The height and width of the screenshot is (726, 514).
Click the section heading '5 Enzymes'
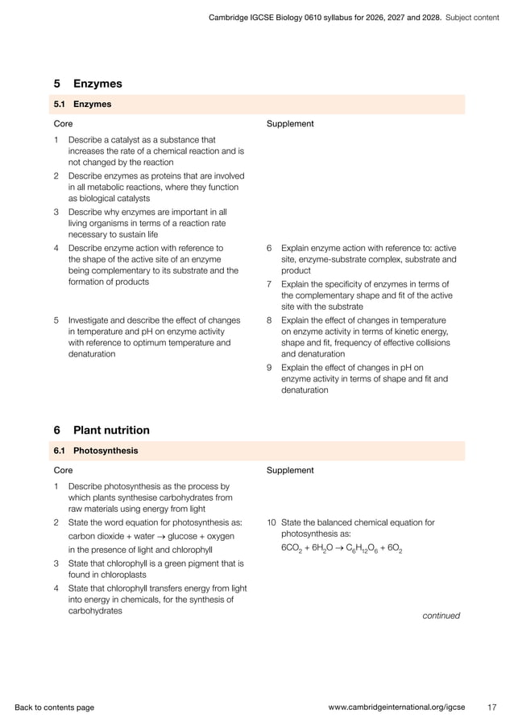(x=87, y=84)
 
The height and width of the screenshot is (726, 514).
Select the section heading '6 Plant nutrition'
(x=101, y=431)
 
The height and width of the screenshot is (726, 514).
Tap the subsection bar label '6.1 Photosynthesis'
(x=95, y=451)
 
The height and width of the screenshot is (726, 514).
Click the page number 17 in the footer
(x=492, y=707)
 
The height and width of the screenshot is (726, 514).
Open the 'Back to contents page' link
(x=54, y=707)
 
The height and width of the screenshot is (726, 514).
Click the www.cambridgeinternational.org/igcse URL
(x=402, y=707)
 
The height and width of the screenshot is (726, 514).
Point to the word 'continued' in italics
(x=441, y=616)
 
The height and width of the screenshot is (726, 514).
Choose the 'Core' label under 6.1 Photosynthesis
(x=63, y=470)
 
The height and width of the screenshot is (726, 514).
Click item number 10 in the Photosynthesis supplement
(x=271, y=522)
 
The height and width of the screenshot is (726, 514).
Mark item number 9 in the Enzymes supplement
(x=269, y=368)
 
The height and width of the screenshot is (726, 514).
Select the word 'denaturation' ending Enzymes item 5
(x=91, y=354)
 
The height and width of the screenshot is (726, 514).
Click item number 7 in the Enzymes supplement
(x=269, y=284)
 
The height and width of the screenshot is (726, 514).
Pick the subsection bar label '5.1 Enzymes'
(x=82, y=104)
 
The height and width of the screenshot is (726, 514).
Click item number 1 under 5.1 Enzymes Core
(x=56, y=140)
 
